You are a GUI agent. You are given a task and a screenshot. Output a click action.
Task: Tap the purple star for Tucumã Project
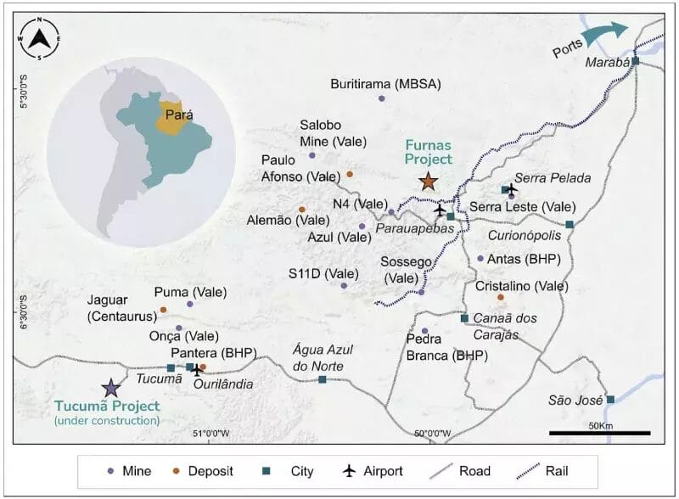(x=110, y=388)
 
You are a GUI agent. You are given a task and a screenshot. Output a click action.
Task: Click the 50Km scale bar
(x=600, y=433)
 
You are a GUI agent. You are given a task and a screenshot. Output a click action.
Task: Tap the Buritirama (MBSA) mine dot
(x=381, y=98)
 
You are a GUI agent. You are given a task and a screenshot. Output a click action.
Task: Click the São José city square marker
(x=609, y=399)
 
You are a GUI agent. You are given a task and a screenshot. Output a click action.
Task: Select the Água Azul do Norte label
(x=322, y=356)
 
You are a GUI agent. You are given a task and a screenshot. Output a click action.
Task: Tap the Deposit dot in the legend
(x=181, y=472)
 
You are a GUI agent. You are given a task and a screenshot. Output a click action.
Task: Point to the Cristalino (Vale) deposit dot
(x=501, y=297)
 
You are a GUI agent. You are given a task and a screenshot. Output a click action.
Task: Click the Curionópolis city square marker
(x=570, y=224)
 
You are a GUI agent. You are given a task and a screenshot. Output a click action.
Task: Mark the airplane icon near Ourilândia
(x=198, y=368)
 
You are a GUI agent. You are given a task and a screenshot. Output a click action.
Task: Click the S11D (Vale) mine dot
(x=344, y=286)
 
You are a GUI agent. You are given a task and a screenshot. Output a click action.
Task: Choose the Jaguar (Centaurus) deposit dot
(x=163, y=310)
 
